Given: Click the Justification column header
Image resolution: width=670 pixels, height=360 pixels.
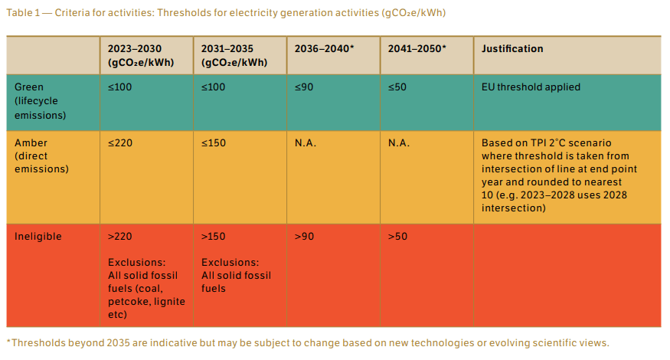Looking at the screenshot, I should (x=512, y=49).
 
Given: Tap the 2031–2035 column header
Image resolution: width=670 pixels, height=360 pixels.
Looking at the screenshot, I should (x=234, y=55).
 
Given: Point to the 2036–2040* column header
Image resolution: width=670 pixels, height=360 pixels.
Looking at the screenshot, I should (x=324, y=49).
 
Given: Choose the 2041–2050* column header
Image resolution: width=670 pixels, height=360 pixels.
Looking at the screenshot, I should (x=417, y=49).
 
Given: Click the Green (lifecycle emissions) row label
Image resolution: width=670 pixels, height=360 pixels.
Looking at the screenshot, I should (x=37, y=101).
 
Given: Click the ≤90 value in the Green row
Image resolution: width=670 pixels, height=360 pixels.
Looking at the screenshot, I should (x=304, y=87).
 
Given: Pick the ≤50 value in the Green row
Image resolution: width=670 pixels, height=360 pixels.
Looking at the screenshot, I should (x=397, y=87).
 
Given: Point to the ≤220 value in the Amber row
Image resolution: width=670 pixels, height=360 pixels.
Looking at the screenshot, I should (x=120, y=143).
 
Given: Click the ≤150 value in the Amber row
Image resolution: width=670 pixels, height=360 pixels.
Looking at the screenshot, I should (x=214, y=143).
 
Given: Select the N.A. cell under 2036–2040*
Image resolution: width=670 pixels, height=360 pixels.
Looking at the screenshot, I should (x=306, y=143).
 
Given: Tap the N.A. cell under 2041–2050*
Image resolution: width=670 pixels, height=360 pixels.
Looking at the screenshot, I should (x=399, y=143).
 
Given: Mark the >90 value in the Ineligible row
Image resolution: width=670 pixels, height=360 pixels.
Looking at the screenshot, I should (x=304, y=236).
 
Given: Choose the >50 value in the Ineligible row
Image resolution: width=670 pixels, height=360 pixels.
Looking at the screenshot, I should (x=397, y=236).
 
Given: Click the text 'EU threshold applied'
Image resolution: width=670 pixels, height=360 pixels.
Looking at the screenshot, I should (x=531, y=87).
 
